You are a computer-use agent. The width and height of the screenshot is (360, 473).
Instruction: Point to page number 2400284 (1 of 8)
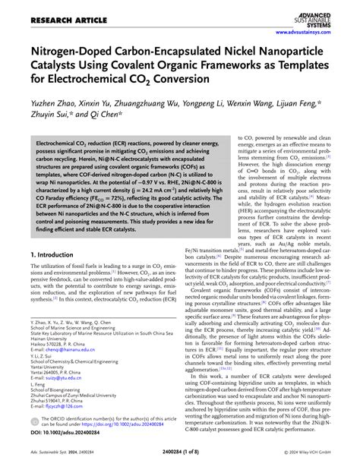pos(180,465)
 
